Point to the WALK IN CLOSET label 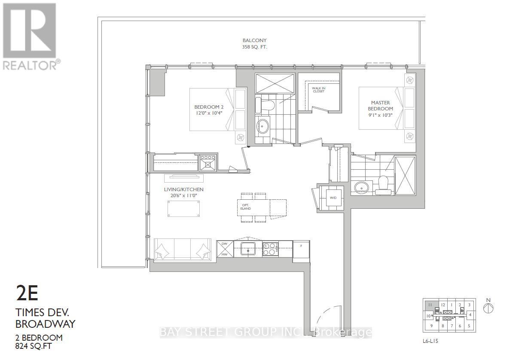318,89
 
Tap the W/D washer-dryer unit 333,198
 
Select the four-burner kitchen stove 271,249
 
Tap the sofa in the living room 182,249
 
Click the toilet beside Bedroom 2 261,104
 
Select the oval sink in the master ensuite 361,187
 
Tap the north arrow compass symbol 488,308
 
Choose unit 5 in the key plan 469,325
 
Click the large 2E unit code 27,294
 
